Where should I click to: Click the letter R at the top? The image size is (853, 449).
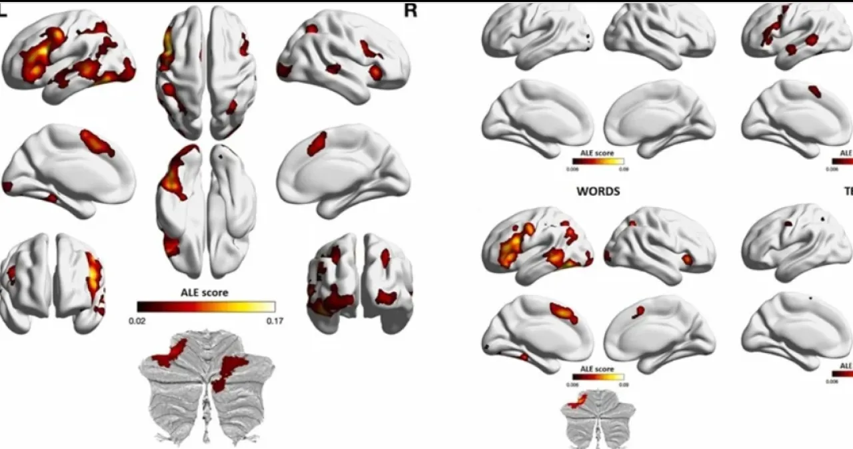click(x=410, y=11)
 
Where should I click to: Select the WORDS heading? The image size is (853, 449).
click(x=598, y=192)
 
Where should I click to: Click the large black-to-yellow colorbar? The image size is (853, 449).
click(x=206, y=306)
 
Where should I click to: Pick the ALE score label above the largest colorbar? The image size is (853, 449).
click(x=205, y=292)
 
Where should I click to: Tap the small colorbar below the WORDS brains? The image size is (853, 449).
click(x=598, y=376)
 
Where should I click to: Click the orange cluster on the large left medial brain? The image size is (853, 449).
click(x=97, y=143)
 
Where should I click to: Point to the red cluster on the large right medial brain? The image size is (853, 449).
click(x=317, y=144)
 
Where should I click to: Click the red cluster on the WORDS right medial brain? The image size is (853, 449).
click(x=638, y=310)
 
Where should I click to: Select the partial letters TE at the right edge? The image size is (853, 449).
click(x=848, y=192)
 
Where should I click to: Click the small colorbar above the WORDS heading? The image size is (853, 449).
click(x=598, y=161)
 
